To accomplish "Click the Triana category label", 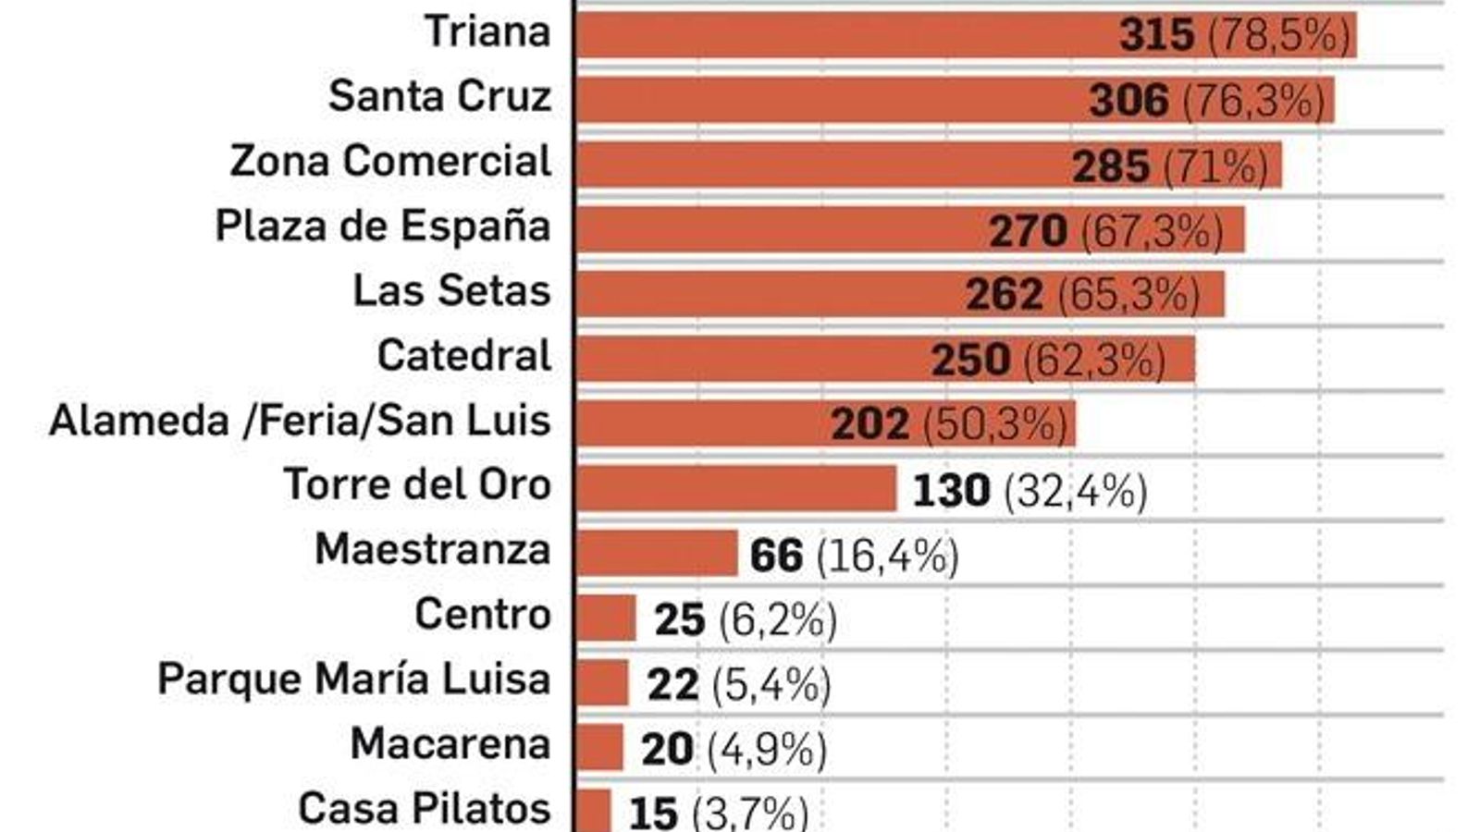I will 487,31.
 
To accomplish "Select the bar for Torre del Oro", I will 735,488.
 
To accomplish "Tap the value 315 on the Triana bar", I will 1156,35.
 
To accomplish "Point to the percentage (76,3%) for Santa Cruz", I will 1254,101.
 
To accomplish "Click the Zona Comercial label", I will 390,161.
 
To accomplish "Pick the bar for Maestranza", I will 656,553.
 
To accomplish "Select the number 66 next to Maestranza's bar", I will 776,557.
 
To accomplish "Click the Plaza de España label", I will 383,226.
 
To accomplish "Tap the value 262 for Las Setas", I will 1004,295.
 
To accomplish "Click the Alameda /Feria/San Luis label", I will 300,421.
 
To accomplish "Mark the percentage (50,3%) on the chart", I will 995,424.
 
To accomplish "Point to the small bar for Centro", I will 606,618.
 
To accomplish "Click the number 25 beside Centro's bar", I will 680,620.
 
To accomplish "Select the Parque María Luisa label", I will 354,679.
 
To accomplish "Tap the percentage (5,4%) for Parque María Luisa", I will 771,685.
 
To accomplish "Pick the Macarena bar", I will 599,747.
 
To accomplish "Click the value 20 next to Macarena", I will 666,750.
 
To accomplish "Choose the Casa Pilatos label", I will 425,808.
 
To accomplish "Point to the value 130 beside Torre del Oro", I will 951,491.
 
